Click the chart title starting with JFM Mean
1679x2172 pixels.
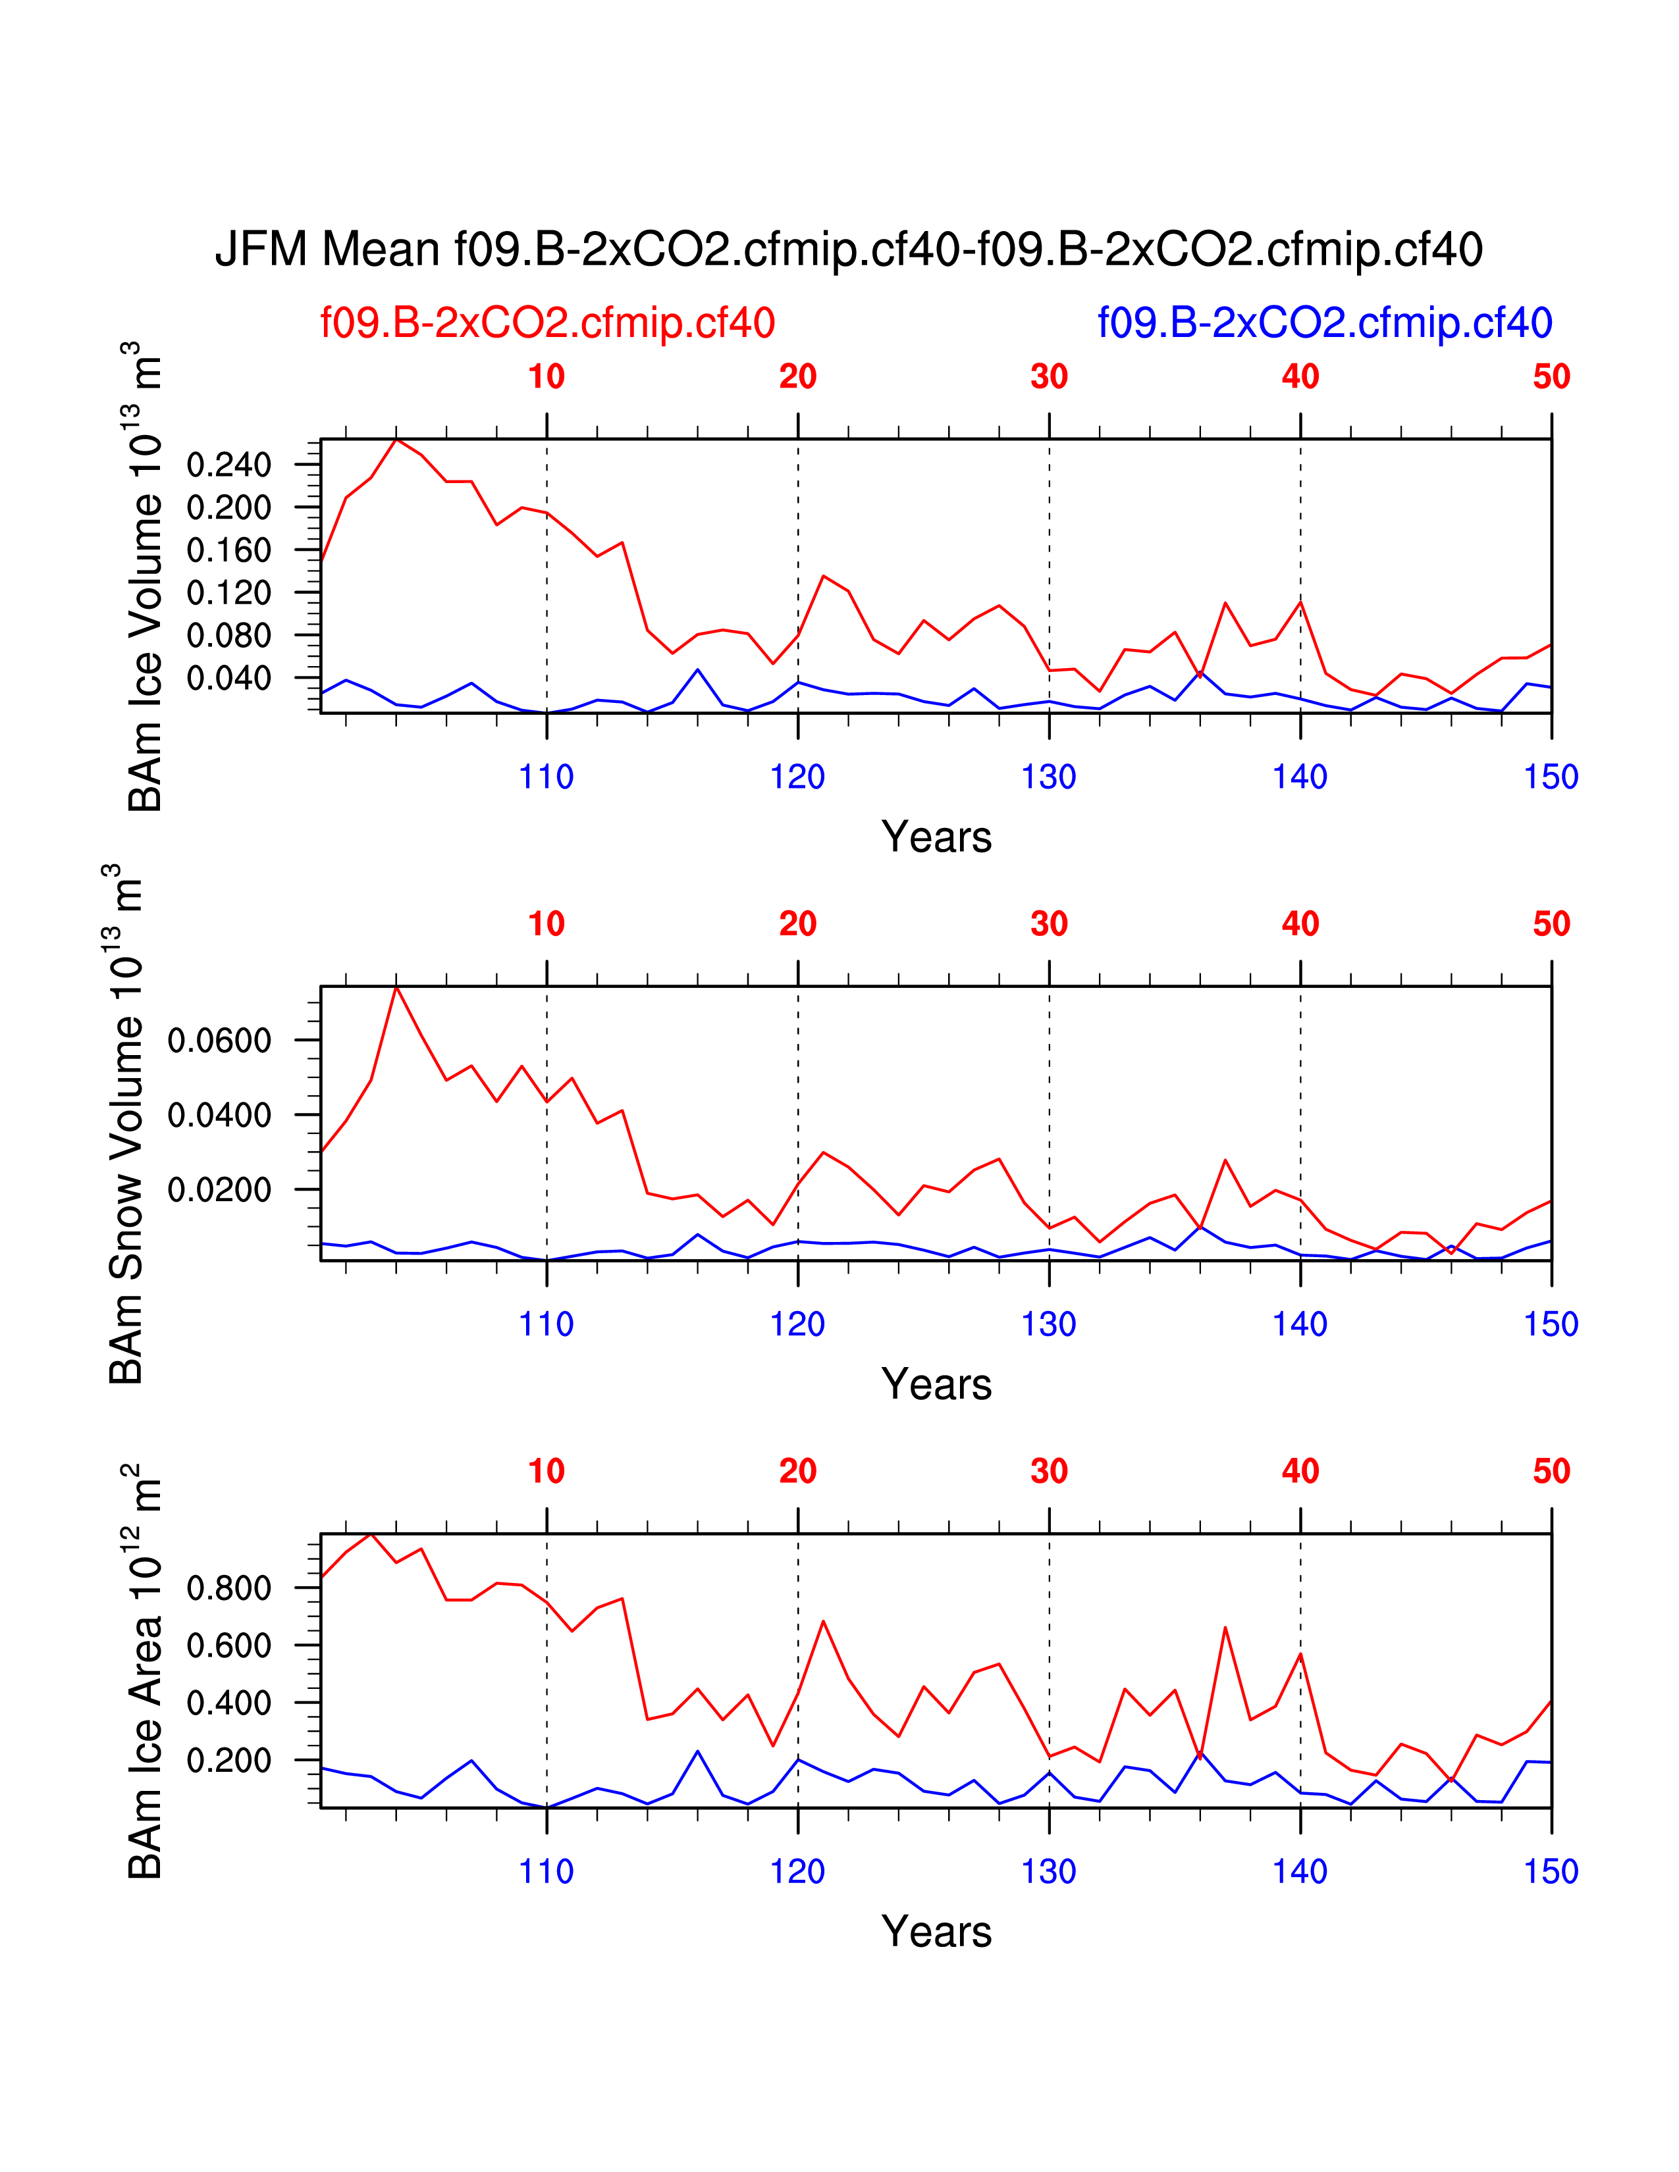click(849, 249)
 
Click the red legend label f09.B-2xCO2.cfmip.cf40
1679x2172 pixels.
click(547, 323)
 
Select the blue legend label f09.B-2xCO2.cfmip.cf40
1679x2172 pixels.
click(1324, 323)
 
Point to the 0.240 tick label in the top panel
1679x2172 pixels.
click(228, 465)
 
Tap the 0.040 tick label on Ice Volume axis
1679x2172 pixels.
click(228, 678)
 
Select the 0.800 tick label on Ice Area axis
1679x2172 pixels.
click(228, 1588)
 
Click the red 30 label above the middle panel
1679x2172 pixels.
click(1050, 924)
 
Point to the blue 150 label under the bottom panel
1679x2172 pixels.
click(1551, 1872)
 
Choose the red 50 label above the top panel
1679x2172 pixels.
click(1551, 377)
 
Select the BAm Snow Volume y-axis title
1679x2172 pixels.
click(126, 1124)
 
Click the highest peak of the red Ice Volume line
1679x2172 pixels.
click(396, 440)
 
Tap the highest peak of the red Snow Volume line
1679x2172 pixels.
click(396, 987)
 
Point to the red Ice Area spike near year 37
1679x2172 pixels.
click(1225, 1628)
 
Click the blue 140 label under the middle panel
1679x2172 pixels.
click(1300, 1325)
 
